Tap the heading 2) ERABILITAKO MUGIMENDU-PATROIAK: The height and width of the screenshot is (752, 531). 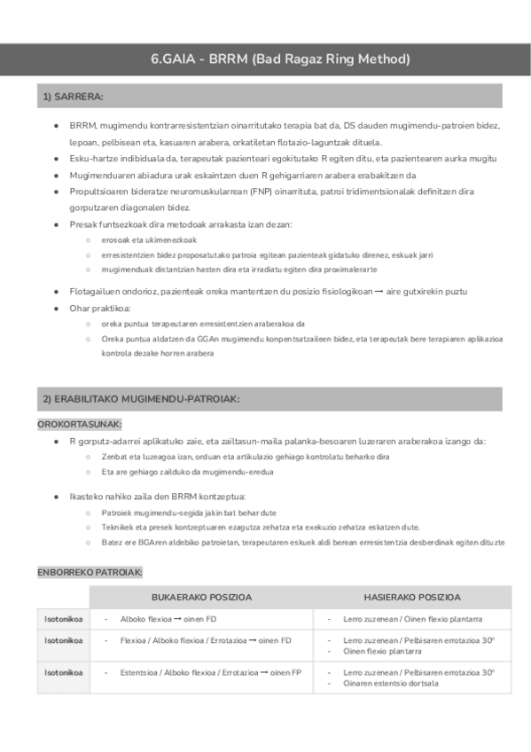pyautogui.click(x=141, y=400)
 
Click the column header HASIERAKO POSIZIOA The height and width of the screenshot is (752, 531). pyautogui.click(x=412, y=597)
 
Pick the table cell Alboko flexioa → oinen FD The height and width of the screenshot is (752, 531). pyautogui.click(x=175, y=619)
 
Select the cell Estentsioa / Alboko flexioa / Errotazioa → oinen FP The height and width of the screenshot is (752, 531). pyautogui.click(x=211, y=673)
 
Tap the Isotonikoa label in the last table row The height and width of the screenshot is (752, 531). pyautogui.click(x=64, y=673)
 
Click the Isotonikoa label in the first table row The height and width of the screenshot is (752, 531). pyautogui.click(x=64, y=619)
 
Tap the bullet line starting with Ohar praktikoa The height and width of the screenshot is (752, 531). pyautogui.click(x=100, y=308)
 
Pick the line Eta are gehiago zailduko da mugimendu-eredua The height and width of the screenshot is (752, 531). pyautogui.click(x=187, y=472)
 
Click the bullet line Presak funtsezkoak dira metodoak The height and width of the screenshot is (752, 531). pyautogui.click(x=186, y=224)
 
